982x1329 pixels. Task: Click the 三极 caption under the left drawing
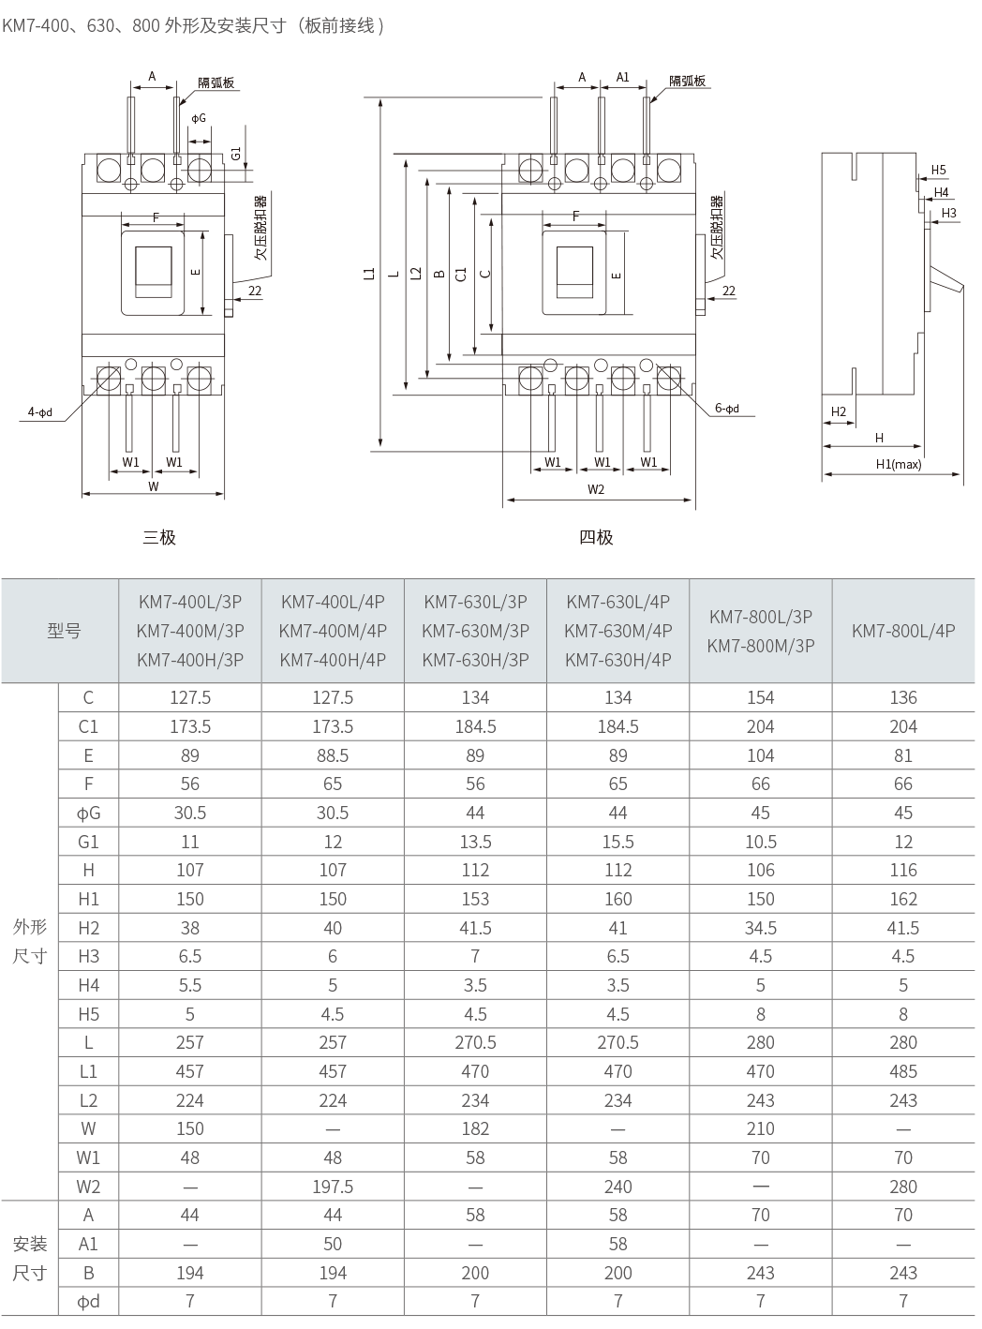(x=159, y=537)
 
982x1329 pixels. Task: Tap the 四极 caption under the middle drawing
(x=596, y=537)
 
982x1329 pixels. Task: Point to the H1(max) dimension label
(x=898, y=464)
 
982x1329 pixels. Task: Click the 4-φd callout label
(x=40, y=412)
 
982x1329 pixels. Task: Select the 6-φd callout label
(x=727, y=409)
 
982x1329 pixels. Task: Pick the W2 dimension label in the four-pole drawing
(x=596, y=489)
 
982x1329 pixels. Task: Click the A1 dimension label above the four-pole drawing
(x=622, y=77)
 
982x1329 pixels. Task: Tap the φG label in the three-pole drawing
(x=199, y=118)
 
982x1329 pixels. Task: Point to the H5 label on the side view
(x=938, y=171)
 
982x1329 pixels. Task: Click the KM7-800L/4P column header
(x=903, y=631)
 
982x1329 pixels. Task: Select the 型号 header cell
(x=64, y=631)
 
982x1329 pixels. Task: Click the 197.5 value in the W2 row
(x=333, y=1187)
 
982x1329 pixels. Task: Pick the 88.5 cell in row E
(x=333, y=755)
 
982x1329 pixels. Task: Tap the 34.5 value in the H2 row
(x=760, y=928)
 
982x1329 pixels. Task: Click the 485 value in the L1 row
(x=903, y=1071)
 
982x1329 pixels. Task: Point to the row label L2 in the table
(x=88, y=1100)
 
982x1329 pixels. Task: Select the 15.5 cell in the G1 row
(x=617, y=842)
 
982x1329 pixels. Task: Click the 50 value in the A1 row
(x=333, y=1244)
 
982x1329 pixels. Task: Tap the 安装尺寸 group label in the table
(x=30, y=1259)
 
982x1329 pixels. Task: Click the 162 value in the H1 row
(x=903, y=899)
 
